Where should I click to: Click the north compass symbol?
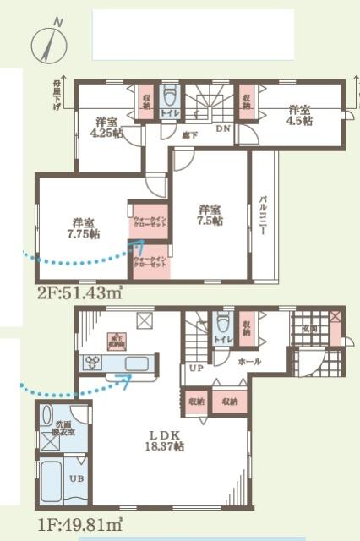tap(47, 42)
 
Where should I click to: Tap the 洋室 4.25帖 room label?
tap(106, 126)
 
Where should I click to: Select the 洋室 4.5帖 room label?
tap(299, 116)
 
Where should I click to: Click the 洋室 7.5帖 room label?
tap(211, 215)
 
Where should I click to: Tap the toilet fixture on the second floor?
tap(169, 96)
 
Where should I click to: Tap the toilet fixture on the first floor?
tap(223, 324)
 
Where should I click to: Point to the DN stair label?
tap(222, 128)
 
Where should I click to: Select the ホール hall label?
tap(249, 361)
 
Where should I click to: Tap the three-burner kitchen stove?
tap(92, 363)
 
